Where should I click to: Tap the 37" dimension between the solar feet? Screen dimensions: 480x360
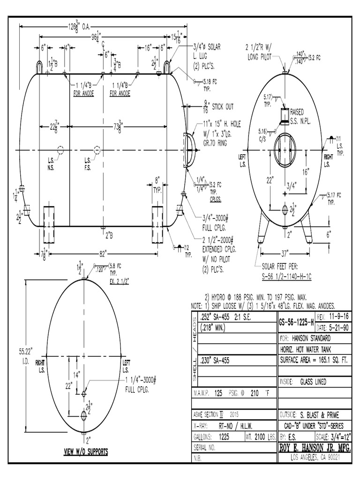(x=284, y=254)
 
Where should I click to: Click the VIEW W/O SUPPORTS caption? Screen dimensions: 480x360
(x=86, y=452)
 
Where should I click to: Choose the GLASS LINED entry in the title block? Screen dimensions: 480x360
(x=313, y=382)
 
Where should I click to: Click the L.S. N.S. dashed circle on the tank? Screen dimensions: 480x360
(x=60, y=150)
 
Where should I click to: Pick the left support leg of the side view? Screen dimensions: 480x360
(x=49, y=217)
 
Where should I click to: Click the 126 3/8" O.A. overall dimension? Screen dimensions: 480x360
(x=79, y=27)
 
